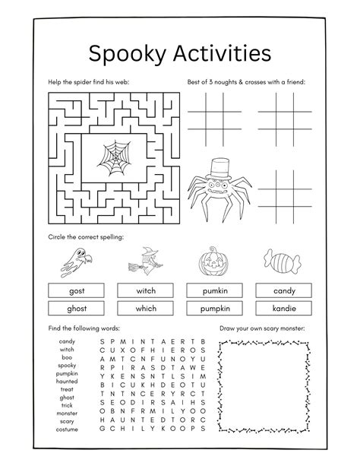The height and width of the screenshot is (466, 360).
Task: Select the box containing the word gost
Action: pyautogui.click(x=76, y=290)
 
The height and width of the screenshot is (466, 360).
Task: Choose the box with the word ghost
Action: pyautogui.click(x=76, y=308)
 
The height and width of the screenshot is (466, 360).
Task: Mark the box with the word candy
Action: pyautogui.click(x=284, y=290)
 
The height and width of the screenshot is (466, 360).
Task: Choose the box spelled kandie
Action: pyautogui.click(x=284, y=308)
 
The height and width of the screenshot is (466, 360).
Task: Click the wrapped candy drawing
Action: pyautogui.click(x=283, y=263)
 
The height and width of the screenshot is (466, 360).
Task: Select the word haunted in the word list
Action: pyautogui.click(x=67, y=381)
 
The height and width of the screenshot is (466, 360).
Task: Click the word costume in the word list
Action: pyautogui.click(x=67, y=430)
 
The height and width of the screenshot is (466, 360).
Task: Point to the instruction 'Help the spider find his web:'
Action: pyautogui.click(x=85, y=81)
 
